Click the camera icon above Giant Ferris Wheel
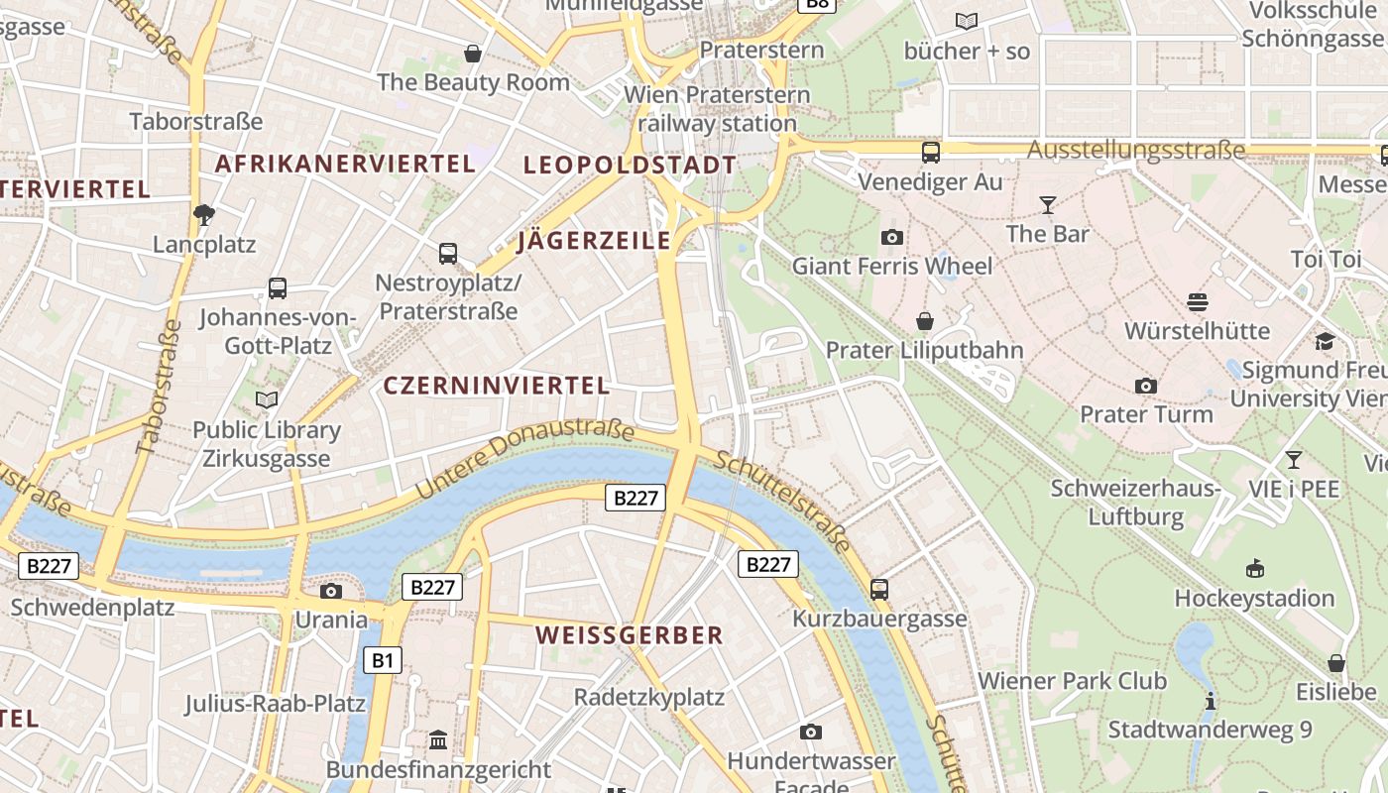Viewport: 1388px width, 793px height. pyautogui.click(x=892, y=237)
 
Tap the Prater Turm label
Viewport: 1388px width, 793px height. pyautogui.click(x=1146, y=413)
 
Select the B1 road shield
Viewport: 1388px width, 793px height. pyautogui.click(x=382, y=660)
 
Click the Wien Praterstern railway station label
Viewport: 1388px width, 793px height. pyautogui.click(x=717, y=109)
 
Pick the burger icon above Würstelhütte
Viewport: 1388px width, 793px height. pyautogui.click(x=1198, y=301)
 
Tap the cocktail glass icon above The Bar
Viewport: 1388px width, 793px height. pyautogui.click(x=1048, y=205)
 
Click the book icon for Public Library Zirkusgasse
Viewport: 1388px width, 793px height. pyautogui.click(x=267, y=399)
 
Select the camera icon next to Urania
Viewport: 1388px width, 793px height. pyautogui.click(x=331, y=591)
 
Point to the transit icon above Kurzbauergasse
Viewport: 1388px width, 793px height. pyautogui.click(x=879, y=589)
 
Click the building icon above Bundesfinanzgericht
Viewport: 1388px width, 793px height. pyautogui.click(x=438, y=739)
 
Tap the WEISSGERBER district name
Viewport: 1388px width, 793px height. pyautogui.click(x=630, y=635)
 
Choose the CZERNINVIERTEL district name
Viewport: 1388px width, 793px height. pyautogui.click(x=496, y=386)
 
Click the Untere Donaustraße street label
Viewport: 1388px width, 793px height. pyautogui.click(x=523, y=459)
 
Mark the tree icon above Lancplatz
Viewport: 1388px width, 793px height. pyautogui.click(x=204, y=214)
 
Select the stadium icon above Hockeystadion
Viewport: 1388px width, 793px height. pyautogui.click(x=1254, y=568)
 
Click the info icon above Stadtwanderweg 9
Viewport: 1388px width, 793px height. pyautogui.click(x=1210, y=701)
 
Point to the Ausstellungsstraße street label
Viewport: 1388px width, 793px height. pyautogui.click(x=1136, y=151)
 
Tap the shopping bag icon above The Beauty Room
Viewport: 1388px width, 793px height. pyautogui.click(x=474, y=53)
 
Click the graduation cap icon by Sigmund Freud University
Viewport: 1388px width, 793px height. pyautogui.click(x=1325, y=341)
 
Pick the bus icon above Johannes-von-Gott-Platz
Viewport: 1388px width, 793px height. pyautogui.click(x=278, y=288)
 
